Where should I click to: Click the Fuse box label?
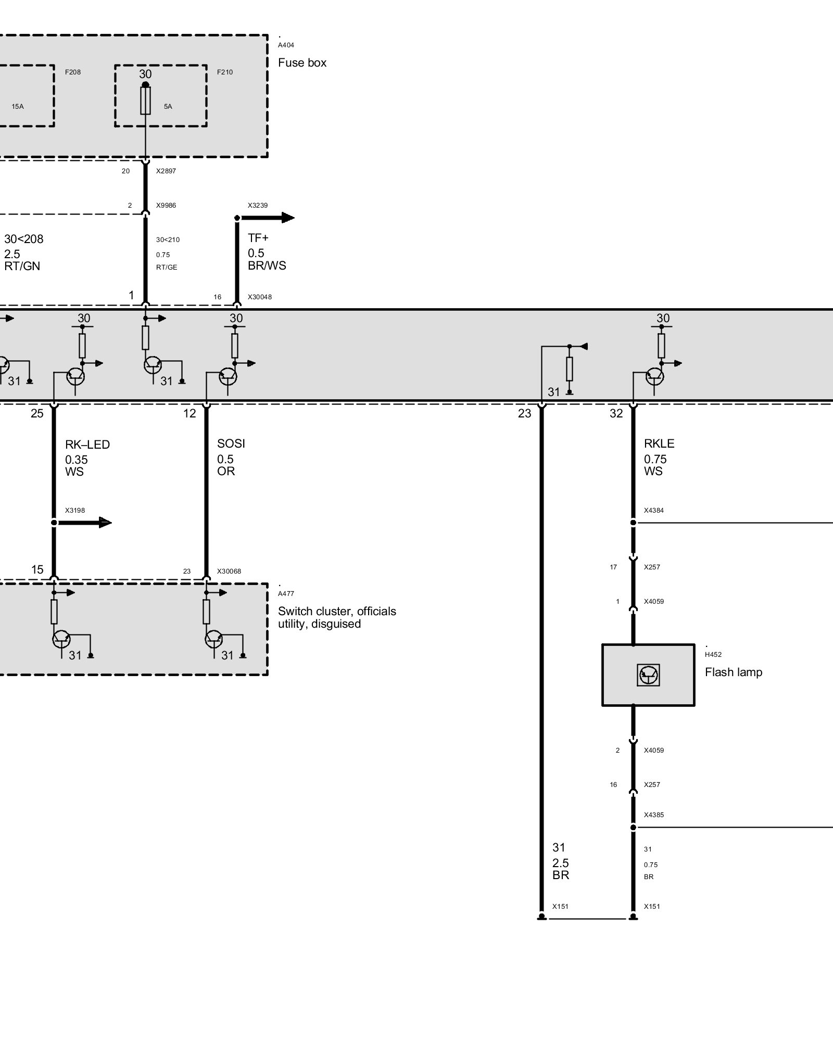click(302, 63)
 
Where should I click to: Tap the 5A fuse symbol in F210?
click(146, 100)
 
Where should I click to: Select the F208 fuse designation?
click(73, 72)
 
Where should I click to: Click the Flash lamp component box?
click(648, 675)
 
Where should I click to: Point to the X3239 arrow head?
click(287, 218)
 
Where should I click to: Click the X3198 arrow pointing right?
click(104, 522)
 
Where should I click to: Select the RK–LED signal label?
click(87, 445)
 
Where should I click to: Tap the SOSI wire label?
click(231, 443)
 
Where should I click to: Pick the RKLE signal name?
click(659, 443)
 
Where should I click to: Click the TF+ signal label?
click(258, 238)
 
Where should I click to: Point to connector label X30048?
click(260, 297)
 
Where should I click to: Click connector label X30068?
click(230, 572)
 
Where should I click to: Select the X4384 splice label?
click(653, 511)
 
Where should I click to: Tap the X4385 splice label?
click(653, 815)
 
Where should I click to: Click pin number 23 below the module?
click(524, 414)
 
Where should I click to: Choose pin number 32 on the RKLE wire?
click(616, 414)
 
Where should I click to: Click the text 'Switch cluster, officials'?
click(337, 611)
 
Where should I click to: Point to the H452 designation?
click(713, 655)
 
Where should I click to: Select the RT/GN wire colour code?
click(22, 266)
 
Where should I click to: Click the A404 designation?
click(286, 45)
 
